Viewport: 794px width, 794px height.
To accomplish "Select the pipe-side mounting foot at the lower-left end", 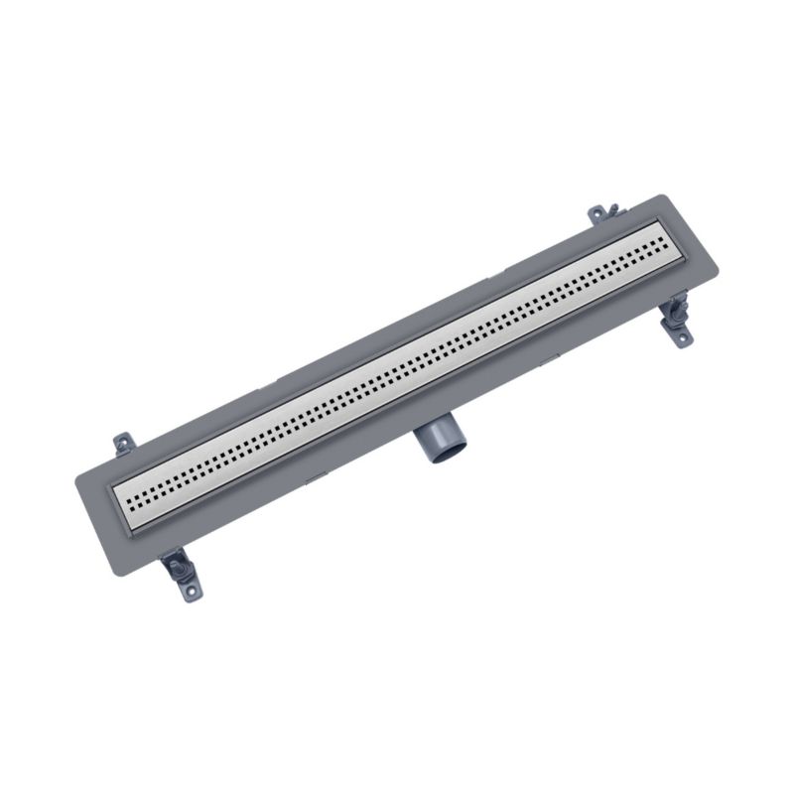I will tap(181, 573).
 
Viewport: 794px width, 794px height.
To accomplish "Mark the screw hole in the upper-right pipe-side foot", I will tap(684, 337).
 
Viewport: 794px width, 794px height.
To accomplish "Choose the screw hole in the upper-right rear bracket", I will tap(595, 211).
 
